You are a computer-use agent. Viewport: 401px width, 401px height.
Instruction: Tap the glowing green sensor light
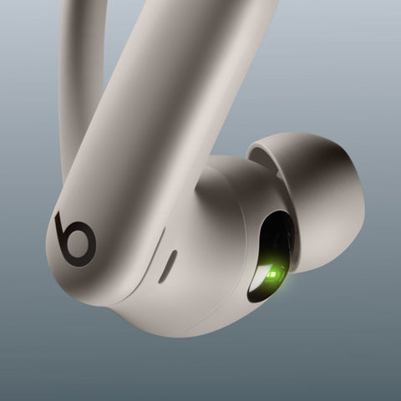(271, 270)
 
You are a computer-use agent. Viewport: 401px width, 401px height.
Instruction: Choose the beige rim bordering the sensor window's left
(249, 251)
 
